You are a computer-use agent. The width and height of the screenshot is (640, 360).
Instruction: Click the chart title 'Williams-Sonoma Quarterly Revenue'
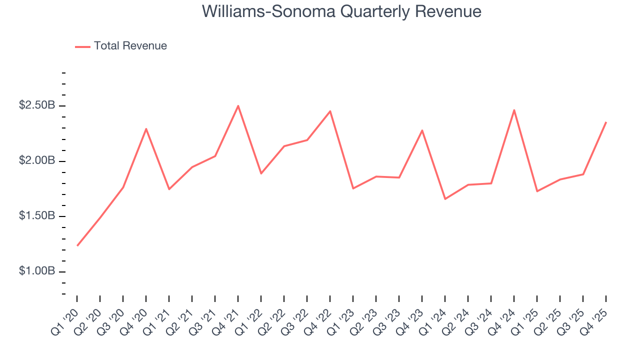tap(341, 11)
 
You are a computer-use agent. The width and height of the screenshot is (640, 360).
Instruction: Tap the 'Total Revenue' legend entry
tap(130, 46)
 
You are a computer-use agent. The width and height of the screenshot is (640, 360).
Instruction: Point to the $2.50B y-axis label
tap(37, 106)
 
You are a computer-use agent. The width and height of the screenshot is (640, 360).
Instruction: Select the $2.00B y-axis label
tap(37, 161)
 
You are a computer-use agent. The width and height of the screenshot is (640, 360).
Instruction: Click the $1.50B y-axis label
tap(37, 216)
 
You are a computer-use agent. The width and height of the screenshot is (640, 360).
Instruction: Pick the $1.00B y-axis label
tap(37, 271)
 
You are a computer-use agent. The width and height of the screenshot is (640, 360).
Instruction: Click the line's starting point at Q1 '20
tap(77, 245)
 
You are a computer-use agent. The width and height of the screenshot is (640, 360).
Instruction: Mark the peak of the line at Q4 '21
tap(238, 105)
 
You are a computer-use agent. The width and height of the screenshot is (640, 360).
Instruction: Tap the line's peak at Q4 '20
tap(146, 129)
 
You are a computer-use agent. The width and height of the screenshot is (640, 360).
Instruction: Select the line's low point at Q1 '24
tap(445, 199)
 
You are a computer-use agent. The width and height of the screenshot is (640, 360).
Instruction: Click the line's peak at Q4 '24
tap(514, 110)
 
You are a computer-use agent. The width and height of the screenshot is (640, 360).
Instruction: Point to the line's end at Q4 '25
tap(606, 122)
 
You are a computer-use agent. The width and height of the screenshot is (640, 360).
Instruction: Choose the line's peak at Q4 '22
tap(330, 111)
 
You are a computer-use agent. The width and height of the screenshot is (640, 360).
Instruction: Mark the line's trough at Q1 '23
tap(353, 188)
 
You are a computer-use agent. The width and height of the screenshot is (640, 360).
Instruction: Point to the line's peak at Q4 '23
tap(422, 130)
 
